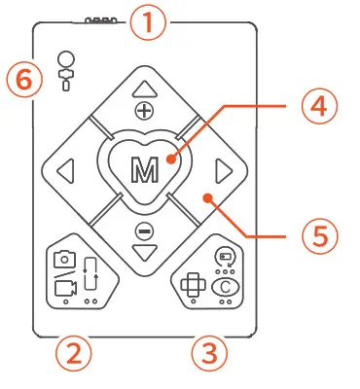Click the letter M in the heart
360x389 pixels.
click(143, 169)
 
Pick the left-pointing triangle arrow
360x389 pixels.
click(65, 172)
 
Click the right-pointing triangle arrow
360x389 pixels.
click(223, 172)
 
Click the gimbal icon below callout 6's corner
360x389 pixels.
click(64, 70)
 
